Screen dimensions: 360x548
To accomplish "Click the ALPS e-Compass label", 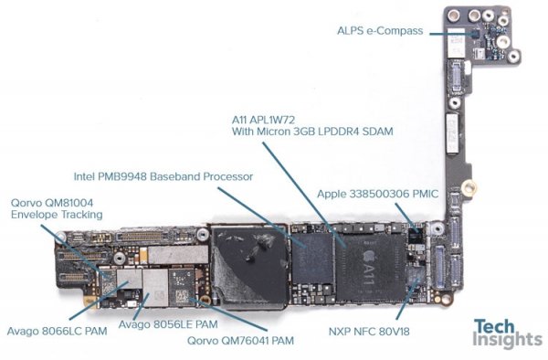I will pyautogui.click(x=379, y=31).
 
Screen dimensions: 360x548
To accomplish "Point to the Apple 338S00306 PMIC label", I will pyautogui.click(x=368, y=194).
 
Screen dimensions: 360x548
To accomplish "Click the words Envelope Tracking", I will pyautogui.click(x=56, y=216).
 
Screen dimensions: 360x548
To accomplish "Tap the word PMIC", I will pyautogui.click(x=405, y=194).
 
